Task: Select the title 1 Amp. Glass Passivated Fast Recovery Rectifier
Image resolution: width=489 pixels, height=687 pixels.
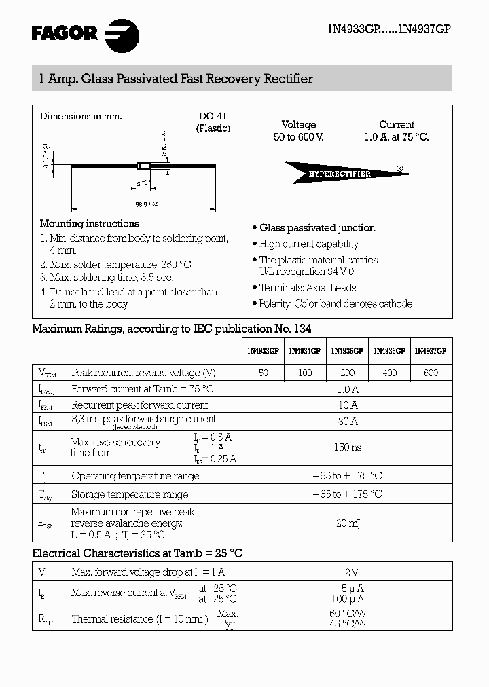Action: pyautogui.click(x=173, y=79)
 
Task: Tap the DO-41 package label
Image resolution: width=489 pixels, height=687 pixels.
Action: pyautogui.click(x=212, y=116)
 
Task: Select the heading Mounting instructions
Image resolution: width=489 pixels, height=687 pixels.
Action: pyautogui.click(x=89, y=223)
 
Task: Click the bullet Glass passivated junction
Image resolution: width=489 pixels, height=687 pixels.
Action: pyautogui.click(x=316, y=228)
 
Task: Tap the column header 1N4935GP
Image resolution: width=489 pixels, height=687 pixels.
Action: pyautogui.click(x=346, y=352)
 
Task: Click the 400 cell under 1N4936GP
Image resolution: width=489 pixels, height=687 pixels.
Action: pyautogui.click(x=389, y=373)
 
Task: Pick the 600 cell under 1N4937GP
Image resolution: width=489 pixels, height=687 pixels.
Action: pyautogui.click(x=431, y=373)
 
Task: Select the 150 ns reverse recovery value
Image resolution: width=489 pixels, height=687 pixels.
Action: pyautogui.click(x=347, y=447)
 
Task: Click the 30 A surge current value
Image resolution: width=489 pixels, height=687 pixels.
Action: pyautogui.click(x=347, y=422)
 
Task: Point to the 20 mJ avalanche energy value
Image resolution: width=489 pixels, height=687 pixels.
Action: pyautogui.click(x=347, y=523)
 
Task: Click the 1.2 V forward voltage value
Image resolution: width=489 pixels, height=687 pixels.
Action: pyautogui.click(x=347, y=572)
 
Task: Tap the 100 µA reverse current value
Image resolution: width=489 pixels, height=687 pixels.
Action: pyautogui.click(x=347, y=599)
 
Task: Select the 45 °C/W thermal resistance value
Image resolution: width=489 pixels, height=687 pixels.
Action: pyautogui.click(x=347, y=623)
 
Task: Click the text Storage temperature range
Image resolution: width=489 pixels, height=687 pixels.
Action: pyautogui.click(x=130, y=494)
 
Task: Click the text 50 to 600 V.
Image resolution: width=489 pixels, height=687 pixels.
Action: pyautogui.click(x=299, y=137)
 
